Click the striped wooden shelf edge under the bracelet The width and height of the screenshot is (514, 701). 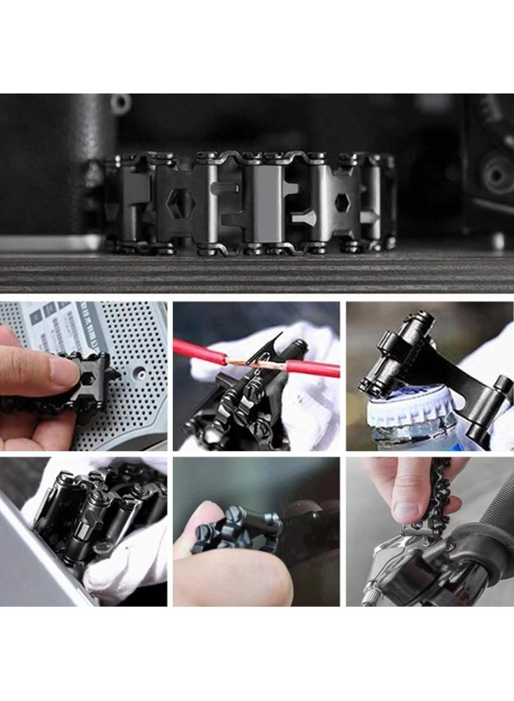point(257,273)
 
